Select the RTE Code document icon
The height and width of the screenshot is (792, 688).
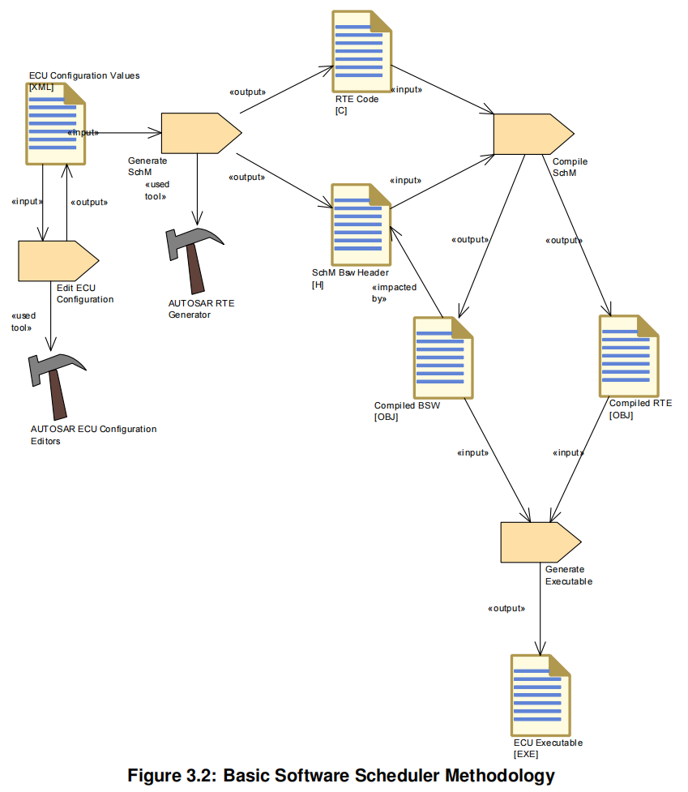point(361,52)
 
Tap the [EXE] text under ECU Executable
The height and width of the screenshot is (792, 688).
point(526,754)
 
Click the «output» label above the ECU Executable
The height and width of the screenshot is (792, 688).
point(506,608)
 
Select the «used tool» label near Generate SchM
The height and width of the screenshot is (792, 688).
point(156,191)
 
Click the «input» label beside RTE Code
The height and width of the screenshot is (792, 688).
point(406,89)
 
